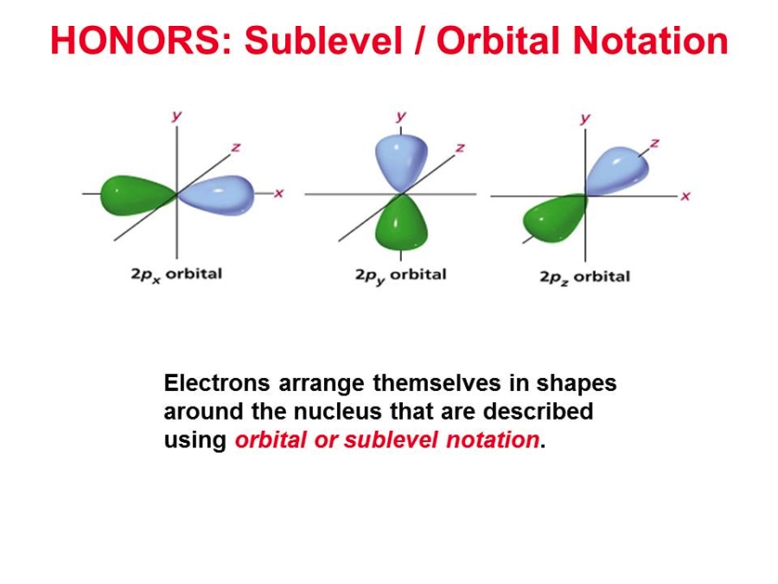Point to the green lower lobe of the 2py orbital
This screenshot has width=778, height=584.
tap(401, 222)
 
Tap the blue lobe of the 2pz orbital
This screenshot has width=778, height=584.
tap(617, 170)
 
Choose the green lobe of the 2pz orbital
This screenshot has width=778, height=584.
tap(555, 219)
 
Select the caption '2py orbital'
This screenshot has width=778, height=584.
tap(401, 276)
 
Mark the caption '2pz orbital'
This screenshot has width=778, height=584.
tap(585, 277)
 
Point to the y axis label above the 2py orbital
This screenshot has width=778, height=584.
tap(401, 117)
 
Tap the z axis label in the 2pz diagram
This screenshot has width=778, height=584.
tap(654, 144)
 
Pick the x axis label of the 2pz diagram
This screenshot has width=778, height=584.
tap(686, 196)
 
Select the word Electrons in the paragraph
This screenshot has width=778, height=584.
tap(217, 383)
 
